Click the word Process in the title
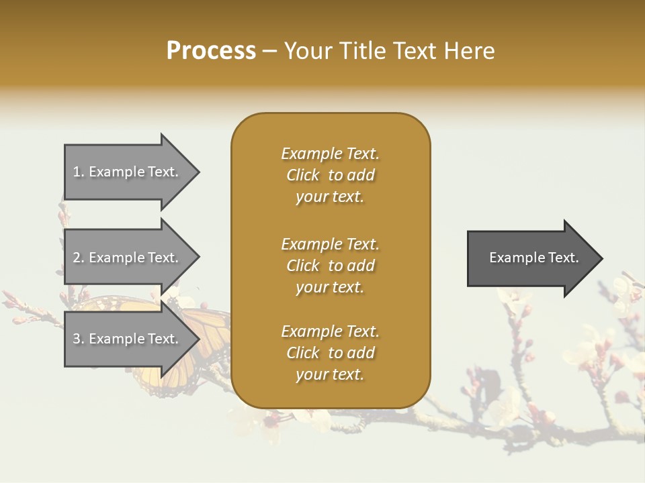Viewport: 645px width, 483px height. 211,51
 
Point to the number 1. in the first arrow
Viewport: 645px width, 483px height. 79,172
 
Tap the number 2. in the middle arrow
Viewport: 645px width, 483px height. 79,258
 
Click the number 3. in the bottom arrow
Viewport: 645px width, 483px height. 79,339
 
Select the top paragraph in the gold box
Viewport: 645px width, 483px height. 330,175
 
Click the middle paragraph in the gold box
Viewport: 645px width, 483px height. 330,266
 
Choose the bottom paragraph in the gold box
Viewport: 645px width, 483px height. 330,353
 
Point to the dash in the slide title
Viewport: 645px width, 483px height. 270,51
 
